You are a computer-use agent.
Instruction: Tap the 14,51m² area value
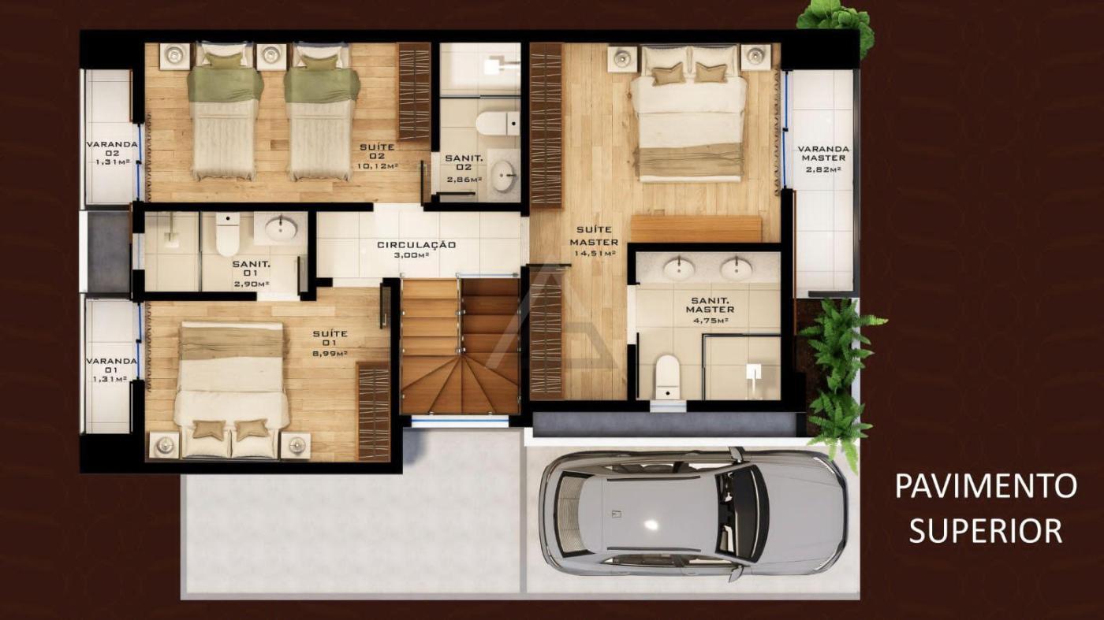595,254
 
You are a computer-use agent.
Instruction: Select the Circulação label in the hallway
416,245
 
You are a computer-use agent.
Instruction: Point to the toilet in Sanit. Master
668,377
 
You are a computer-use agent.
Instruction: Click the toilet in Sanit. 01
228,235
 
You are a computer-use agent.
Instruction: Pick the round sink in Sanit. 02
505,176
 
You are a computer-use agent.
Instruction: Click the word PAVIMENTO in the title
986,485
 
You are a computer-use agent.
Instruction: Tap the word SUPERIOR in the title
986,530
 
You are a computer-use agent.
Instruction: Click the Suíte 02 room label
377,151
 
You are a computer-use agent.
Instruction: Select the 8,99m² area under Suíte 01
330,353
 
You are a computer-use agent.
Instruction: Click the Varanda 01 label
111,365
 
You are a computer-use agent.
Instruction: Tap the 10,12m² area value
378,166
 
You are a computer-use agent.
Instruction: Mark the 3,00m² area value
412,255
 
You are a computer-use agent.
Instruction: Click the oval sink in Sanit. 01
281,228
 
